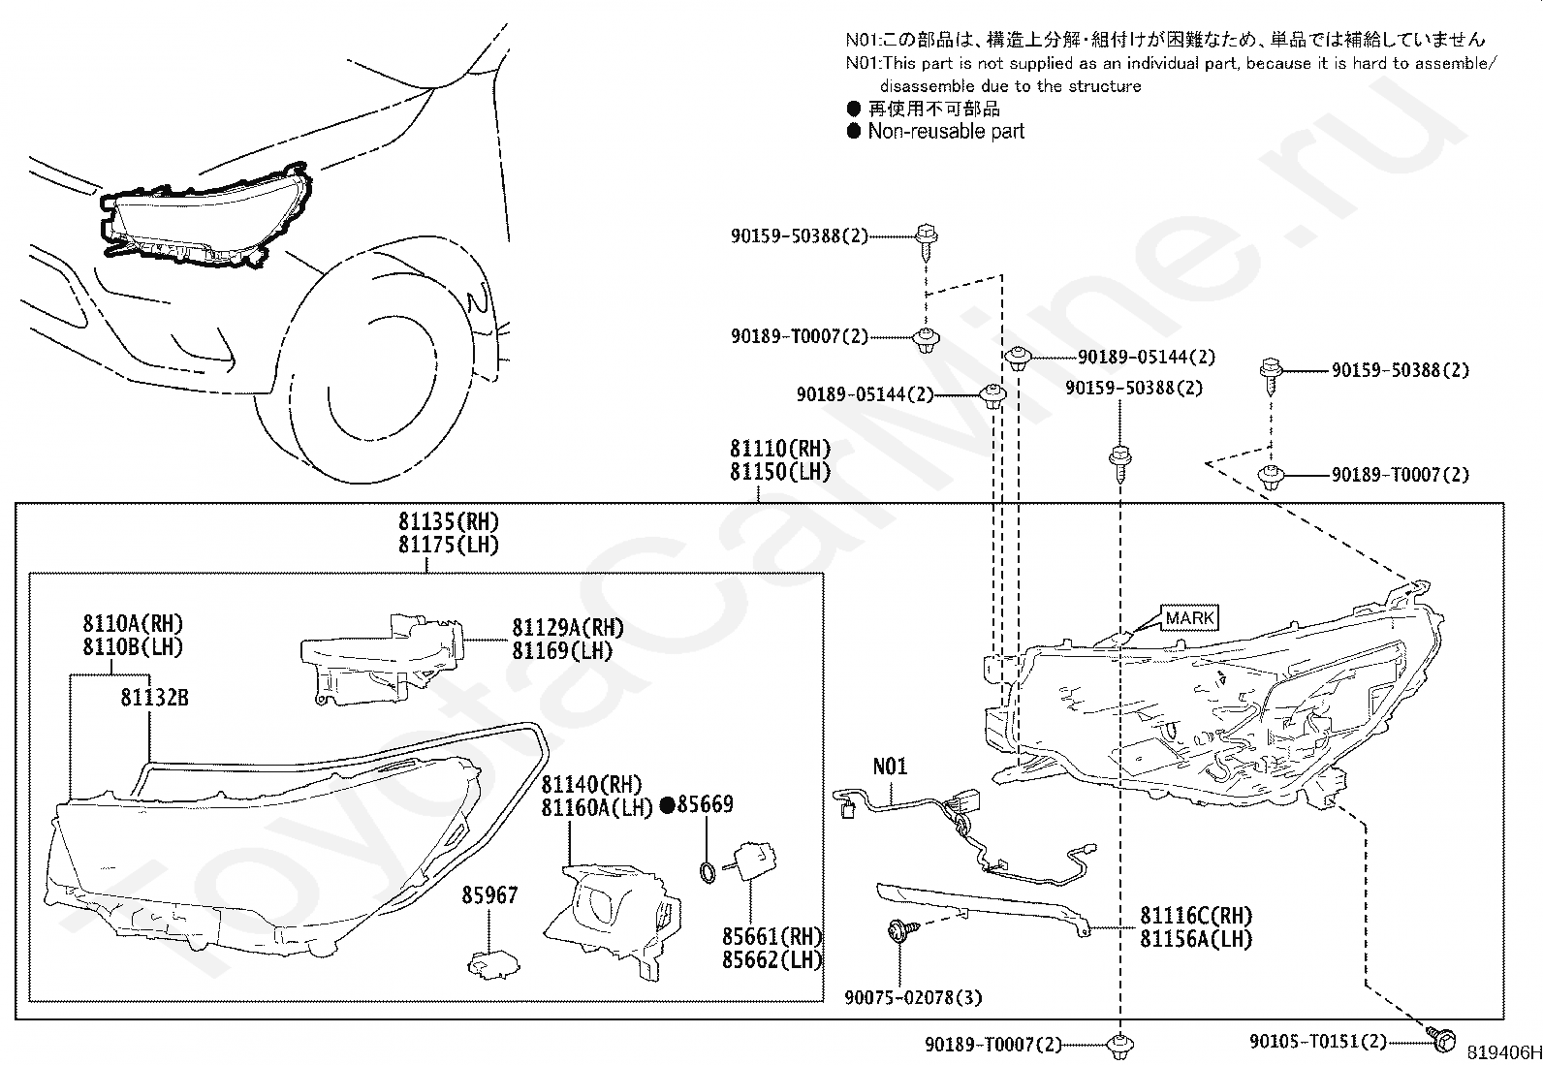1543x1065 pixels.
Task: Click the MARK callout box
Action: (1189, 617)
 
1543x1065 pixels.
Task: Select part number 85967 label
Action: (489, 894)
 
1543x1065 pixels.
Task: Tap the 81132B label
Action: (154, 697)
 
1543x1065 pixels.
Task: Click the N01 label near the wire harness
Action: (890, 766)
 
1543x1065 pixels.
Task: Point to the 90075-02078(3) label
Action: (913, 997)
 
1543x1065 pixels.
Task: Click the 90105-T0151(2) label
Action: (1318, 1040)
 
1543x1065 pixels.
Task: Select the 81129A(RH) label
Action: (568, 628)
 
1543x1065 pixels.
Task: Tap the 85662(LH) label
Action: (772, 959)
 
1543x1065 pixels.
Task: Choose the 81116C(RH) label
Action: (1196, 916)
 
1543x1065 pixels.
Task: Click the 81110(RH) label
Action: (780, 449)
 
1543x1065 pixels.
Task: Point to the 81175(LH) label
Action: (449, 545)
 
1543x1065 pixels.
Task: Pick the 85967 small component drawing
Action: (492, 964)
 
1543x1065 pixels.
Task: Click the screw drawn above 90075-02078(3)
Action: (902, 930)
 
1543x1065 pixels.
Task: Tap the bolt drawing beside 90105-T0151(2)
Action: (1440, 1040)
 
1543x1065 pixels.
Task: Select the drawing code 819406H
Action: (1504, 1052)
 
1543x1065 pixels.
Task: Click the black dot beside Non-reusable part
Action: (854, 131)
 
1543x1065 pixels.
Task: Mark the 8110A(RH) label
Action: (133, 623)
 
